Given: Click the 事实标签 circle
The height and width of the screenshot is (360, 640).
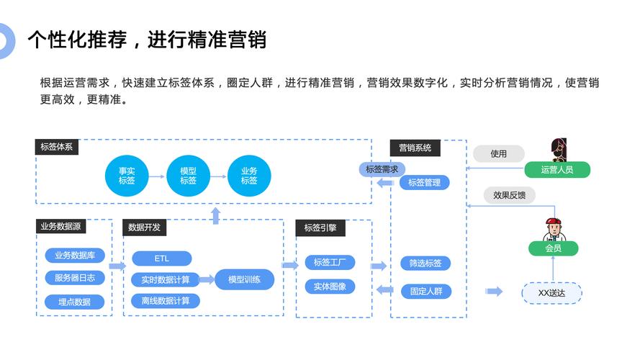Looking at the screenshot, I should tap(127, 176).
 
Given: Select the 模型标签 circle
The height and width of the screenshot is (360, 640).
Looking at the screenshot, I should tap(188, 176).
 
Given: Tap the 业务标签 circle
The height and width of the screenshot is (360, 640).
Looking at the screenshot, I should tap(249, 176).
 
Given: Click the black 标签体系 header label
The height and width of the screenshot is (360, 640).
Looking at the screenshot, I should tap(58, 147).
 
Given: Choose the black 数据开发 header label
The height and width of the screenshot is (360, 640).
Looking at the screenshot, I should tap(145, 228).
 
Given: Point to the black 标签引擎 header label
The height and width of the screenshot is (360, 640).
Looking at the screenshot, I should tap(320, 228).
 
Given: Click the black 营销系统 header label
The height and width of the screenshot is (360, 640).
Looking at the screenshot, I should tap(415, 148).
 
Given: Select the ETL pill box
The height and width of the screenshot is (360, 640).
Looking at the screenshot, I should tap(161, 258).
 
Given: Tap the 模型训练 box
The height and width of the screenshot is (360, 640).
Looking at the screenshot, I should tap(245, 279).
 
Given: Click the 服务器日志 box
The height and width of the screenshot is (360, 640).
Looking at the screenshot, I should tap(75, 278).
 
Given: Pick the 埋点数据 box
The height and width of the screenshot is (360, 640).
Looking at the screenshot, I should tap(75, 302).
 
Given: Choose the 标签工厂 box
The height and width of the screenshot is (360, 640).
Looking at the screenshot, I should tap(330, 263).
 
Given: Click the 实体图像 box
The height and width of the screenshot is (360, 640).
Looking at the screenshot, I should tap(330, 287).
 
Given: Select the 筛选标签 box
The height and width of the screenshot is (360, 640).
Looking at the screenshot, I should tap(425, 264).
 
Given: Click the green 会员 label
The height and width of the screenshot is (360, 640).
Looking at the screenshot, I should tap(553, 248).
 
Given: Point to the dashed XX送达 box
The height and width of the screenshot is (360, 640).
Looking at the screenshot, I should tap(552, 293).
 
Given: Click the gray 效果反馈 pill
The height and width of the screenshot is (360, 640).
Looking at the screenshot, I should tap(509, 195).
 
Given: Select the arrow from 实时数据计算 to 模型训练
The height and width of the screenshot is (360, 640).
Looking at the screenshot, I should tap(207, 279).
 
